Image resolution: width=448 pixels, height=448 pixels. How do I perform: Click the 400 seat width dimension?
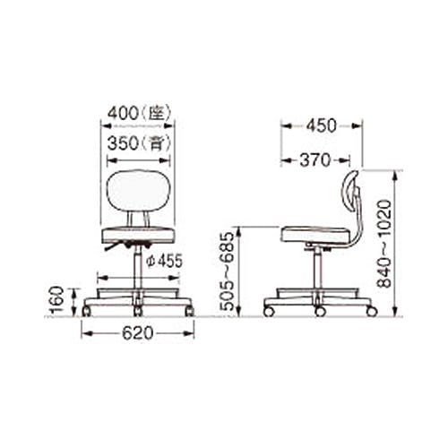point(123,113)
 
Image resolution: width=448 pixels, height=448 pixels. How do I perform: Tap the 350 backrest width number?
point(123,143)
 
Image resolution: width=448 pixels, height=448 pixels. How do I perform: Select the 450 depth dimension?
point(322,125)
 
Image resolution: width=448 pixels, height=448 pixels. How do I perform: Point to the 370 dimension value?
point(315,160)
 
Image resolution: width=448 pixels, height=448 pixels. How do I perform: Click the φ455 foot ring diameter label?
point(165,262)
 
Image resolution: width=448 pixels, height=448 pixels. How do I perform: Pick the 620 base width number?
point(138,333)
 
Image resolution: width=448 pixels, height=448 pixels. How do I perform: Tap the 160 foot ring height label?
point(56,299)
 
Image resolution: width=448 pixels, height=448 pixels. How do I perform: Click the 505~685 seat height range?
point(226,271)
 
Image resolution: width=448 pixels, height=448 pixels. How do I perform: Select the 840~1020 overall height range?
point(384,244)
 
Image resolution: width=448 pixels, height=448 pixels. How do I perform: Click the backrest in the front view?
point(138,190)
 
